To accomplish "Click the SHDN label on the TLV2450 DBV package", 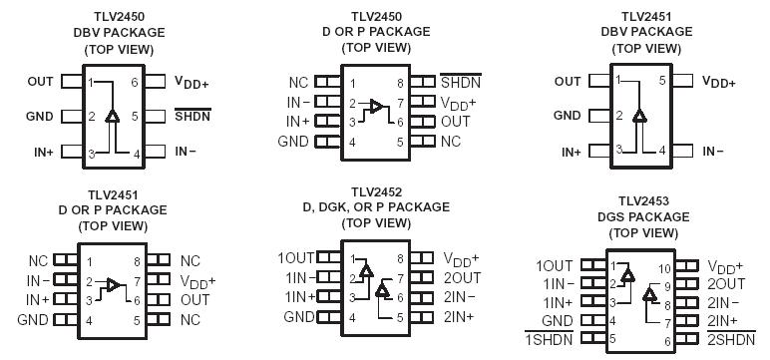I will pos(192,116).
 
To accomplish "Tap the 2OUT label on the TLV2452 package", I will pos(462,276).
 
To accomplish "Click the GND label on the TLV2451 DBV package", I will pos(566,116).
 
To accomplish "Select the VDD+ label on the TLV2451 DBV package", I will pos(718,82).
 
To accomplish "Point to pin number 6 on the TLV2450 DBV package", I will pos(135,82).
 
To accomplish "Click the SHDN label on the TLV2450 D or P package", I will pos(461,84).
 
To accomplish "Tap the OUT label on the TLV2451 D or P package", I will pos(195,299).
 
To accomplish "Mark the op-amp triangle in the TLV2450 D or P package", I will pos(376,104).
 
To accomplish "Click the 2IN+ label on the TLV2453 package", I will pos(722,321).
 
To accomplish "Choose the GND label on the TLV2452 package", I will pos(299,317).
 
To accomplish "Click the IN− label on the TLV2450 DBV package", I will pos(186,152).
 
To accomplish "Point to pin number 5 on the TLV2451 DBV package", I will pos(661,82).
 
